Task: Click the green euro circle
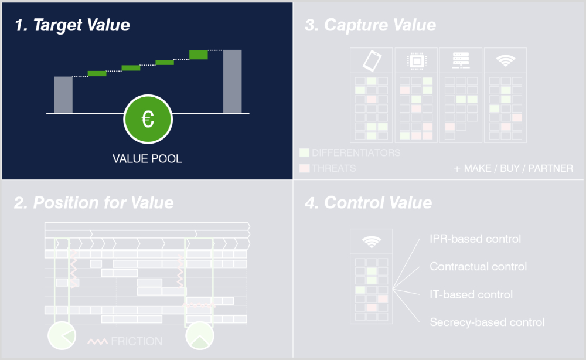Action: tap(148, 119)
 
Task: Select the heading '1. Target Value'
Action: tap(73, 25)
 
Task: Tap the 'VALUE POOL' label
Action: tap(147, 159)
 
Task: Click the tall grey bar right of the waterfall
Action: tap(232, 81)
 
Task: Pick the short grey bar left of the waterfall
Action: tap(63, 94)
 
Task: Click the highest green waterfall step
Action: tap(199, 55)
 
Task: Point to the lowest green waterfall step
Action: tap(97, 73)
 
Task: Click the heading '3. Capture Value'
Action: tap(370, 25)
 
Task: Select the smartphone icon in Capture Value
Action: tap(372, 60)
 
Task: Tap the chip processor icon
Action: tap(416, 60)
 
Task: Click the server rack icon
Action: tap(460, 60)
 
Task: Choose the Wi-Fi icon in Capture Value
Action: tap(505, 60)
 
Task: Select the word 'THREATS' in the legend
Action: tap(333, 169)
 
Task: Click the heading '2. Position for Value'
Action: tap(94, 203)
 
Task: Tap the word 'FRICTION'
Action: tap(137, 341)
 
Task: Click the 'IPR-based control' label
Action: tap(475, 239)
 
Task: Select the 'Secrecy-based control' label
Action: tap(487, 322)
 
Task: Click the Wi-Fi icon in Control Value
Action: tap(372, 242)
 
